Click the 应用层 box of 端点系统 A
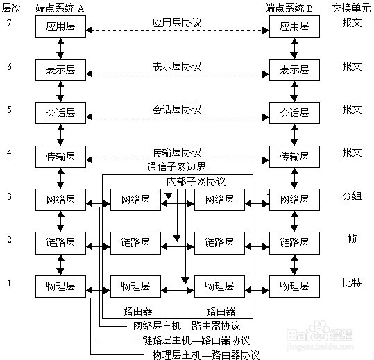coord(60,26)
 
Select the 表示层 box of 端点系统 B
coord(295,70)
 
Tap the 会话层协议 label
coord(177,110)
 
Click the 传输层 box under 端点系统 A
coord(60,157)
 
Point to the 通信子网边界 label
coord(176,167)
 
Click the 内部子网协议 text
coord(196,182)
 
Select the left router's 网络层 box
coord(135,200)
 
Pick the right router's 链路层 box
coord(219,243)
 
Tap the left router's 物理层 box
coord(135,286)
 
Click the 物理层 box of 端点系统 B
coord(295,286)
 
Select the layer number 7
coord(9,23)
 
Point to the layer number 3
coord(9,196)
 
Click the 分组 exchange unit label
coord(352,196)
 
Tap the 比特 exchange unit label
coord(352,283)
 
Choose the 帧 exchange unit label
coord(352,239)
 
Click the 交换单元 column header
coord(351,8)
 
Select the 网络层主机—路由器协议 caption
coord(186,326)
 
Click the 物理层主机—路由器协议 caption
coord(205,354)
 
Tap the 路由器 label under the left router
coord(137,311)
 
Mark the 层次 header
coord(11,8)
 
